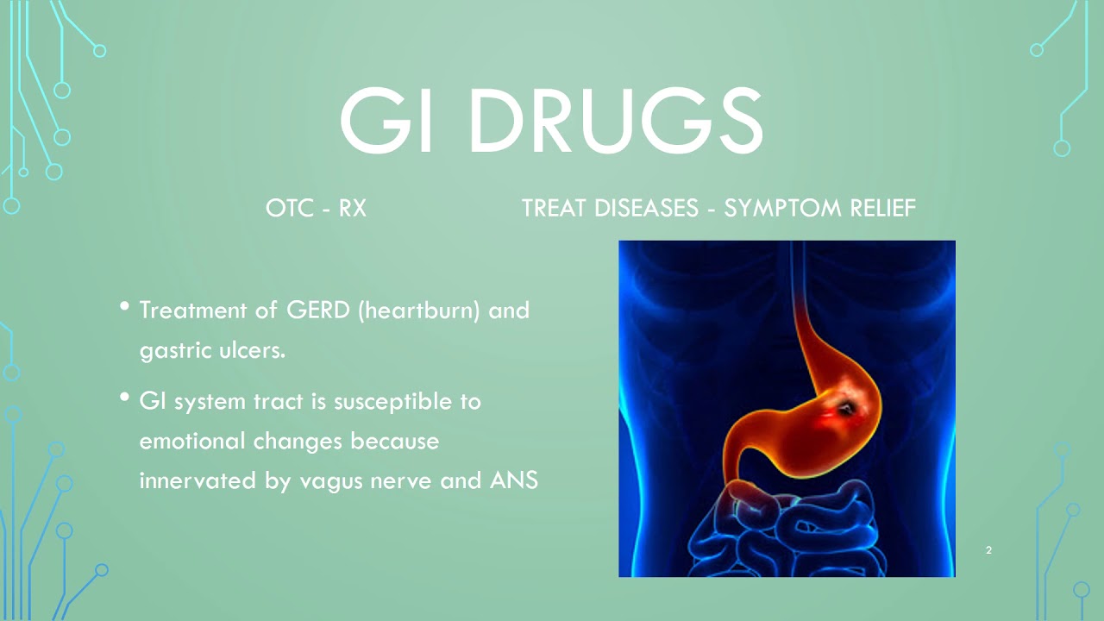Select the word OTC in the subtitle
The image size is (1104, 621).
pos(287,209)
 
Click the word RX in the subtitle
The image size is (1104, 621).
pos(352,209)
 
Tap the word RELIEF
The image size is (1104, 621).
pos(881,209)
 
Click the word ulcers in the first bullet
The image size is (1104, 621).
pos(254,351)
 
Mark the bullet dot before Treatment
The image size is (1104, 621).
pos(126,307)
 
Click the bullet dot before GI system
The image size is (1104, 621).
pos(126,398)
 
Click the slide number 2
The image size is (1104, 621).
pos(988,550)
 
